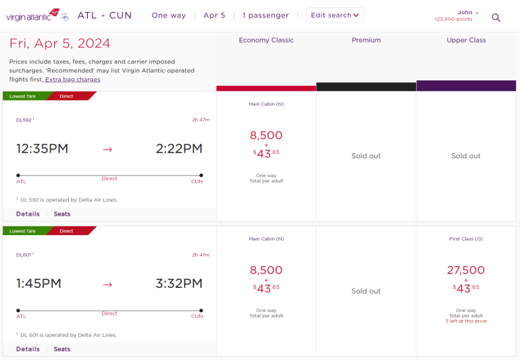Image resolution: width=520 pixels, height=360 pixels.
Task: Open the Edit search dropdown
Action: tap(335, 16)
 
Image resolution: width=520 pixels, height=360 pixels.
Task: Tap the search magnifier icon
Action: tap(496, 18)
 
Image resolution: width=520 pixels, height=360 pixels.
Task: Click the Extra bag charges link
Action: tap(72, 80)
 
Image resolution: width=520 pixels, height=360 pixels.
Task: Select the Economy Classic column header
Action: tap(266, 41)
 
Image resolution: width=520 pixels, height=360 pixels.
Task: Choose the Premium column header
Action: tap(366, 41)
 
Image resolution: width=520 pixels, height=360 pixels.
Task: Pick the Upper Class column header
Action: tap(466, 41)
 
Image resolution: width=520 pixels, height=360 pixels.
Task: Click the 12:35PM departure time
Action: tap(43, 149)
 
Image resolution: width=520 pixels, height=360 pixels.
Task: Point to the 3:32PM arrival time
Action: tap(179, 284)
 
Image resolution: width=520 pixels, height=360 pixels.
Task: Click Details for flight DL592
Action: tap(28, 214)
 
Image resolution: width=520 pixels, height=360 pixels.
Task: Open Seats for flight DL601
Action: tap(62, 349)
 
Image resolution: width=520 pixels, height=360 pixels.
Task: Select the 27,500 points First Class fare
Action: tap(466, 270)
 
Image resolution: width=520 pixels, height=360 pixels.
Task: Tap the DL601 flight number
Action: tap(24, 255)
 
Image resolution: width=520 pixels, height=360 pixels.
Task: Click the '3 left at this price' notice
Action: tap(466, 322)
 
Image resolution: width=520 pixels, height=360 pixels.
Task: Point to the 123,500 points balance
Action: tap(454, 20)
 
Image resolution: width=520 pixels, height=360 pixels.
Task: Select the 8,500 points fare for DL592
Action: tap(266, 135)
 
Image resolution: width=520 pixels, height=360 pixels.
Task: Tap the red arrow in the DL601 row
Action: tap(107, 284)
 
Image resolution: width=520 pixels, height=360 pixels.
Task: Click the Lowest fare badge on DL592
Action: tap(23, 97)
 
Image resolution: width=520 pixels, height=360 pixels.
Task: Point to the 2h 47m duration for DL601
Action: tap(201, 255)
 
